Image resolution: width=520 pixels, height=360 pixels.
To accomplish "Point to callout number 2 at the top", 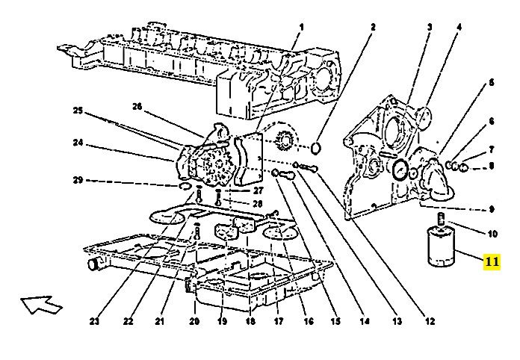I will pyautogui.click(x=372, y=28).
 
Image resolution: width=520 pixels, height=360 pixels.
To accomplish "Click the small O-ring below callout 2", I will pyautogui.click(x=317, y=146).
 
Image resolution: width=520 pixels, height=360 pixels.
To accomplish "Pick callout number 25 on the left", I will pyautogui.click(x=78, y=112).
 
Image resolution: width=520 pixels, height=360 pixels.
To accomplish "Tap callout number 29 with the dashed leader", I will pyautogui.click(x=78, y=180).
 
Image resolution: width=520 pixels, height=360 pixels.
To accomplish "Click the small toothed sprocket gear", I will pyautogui.click(x=285, y=140).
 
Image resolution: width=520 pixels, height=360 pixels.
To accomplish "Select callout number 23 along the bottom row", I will pyautogui.click(x=94, y=322).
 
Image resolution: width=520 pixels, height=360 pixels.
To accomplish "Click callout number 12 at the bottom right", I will pyautogui.click(x=430, y=322).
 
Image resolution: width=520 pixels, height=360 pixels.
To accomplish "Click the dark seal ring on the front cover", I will pyautogui.click(x=401, y=169).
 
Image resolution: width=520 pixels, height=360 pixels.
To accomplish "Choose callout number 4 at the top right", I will pyautogui.click(x=459, y=28).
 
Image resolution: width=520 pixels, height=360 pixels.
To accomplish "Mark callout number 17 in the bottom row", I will pyautogui.click(x=278, y=322).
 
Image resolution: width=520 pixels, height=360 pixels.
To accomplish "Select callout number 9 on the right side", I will pyautogui.click(x=492, y=208).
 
